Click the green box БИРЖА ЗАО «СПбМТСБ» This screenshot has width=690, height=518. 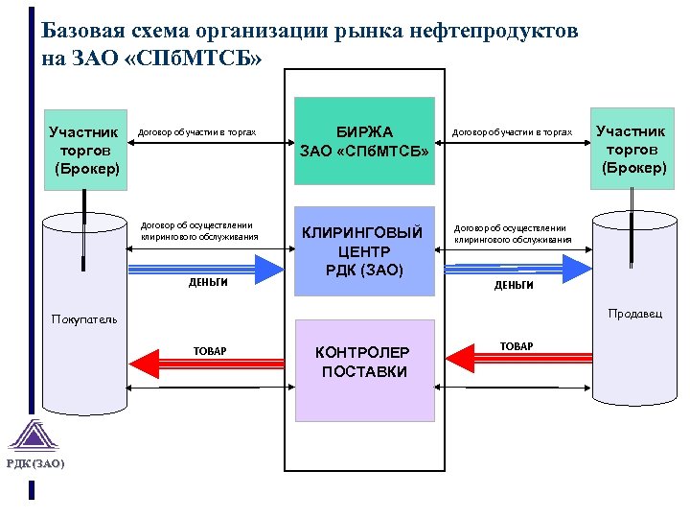363,141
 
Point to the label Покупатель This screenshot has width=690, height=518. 84,319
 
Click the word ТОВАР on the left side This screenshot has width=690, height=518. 210,351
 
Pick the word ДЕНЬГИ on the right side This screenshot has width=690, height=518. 514,285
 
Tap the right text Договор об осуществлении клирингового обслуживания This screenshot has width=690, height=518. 513,234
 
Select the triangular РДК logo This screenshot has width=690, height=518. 35,436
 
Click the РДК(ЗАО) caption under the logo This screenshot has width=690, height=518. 35,464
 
